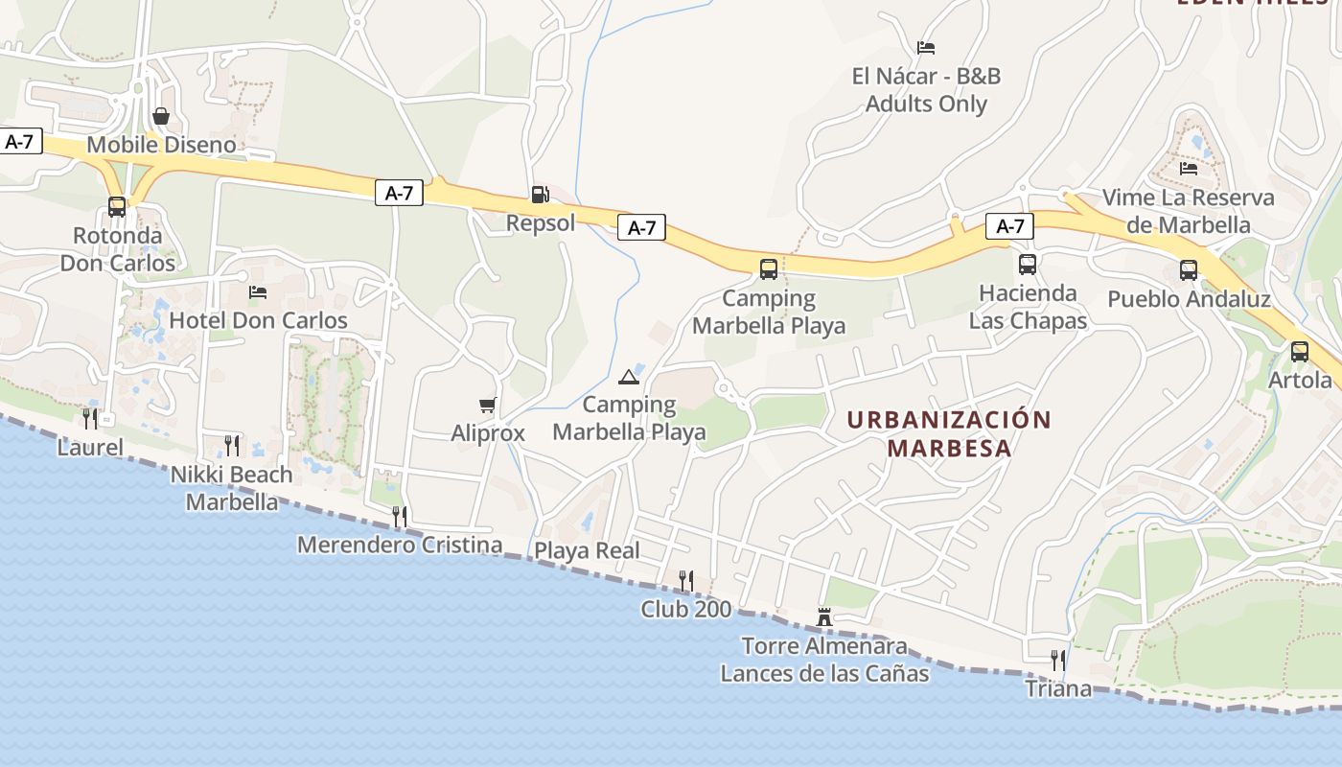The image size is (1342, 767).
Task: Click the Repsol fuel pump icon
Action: click(x=541, y=195)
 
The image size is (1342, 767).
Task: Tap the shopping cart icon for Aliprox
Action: click(x=488, y=406)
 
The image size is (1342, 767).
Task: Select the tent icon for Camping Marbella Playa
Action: click(x=629, y=377)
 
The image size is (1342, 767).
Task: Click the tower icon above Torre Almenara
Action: click(x=824, y=616)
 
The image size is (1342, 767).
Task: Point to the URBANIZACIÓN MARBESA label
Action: click(x=949, y=434)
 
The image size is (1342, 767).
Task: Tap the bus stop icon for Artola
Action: click(x=1300, y=352)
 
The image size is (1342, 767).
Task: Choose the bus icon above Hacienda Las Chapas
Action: click(x=1028, y=265)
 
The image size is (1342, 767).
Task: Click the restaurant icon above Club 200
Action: click(x=686, y=581)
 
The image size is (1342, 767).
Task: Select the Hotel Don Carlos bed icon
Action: click(x=258, y=292)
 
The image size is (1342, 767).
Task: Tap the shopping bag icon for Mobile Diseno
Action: click(x=161, y=117)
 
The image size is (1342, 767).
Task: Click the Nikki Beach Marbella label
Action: click(x=232, y=488)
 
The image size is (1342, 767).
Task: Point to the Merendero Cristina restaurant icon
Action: click(x=400, y=517)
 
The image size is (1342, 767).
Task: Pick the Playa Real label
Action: click(x=587, y=551)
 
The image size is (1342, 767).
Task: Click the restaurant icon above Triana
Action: click(x=1058, y=661)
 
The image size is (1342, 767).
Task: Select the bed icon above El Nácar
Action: click(x=926, y=48)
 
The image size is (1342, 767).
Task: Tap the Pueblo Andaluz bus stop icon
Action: click(x=1189, y=270)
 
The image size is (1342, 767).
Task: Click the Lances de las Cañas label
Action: click(x=824, y=673)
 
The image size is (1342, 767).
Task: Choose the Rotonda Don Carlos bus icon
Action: click(x=117, y=207)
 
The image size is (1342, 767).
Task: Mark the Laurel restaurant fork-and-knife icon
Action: click(x=90, y=419)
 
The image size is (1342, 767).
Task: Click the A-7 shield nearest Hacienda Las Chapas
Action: click(x=1010, y=226)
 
